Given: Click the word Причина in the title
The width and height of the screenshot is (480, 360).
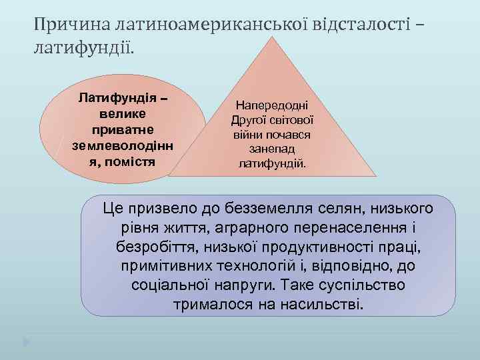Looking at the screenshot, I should pyautogui.click(x=73, y=25).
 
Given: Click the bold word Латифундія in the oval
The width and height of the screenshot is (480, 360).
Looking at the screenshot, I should pyautogui.click(x=113, y=99).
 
